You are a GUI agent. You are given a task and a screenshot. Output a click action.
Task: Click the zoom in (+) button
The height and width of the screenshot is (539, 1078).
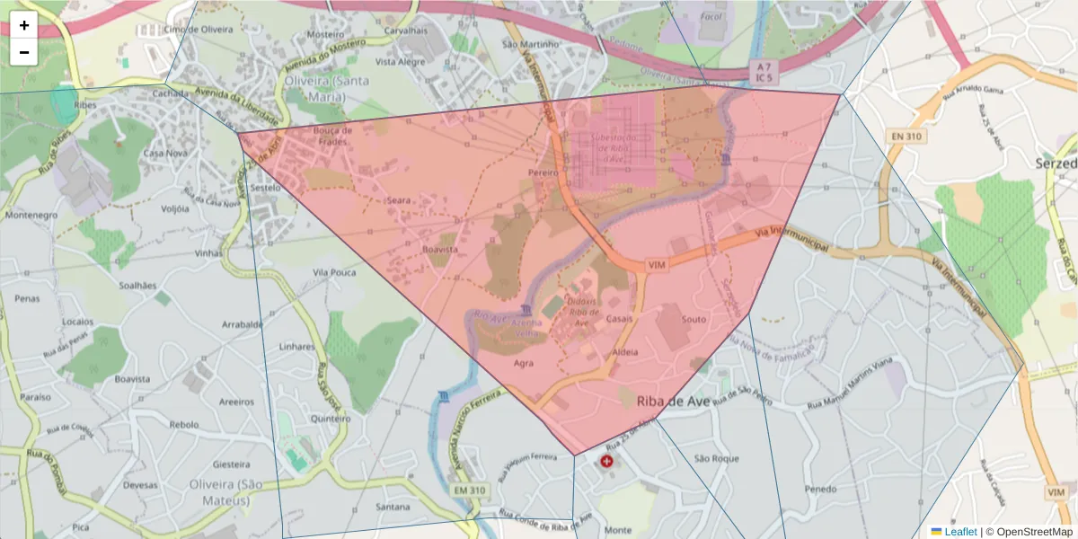point(24,25)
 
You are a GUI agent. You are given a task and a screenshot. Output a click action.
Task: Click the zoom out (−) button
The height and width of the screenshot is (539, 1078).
point(24,52)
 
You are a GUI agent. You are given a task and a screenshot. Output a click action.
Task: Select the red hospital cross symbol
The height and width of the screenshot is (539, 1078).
point(607,462)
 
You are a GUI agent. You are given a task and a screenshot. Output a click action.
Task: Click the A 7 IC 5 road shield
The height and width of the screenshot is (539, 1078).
point(764,72)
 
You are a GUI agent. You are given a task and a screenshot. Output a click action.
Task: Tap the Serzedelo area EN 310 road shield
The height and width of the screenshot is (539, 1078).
point(906,137)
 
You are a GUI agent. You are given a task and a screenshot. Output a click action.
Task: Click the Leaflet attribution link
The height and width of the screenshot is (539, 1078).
point(959,532)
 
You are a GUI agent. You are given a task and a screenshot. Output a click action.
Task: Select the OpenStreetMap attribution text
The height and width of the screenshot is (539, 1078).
point(1030,532)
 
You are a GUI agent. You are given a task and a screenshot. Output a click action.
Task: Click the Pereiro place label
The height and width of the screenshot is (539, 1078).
point(543,172)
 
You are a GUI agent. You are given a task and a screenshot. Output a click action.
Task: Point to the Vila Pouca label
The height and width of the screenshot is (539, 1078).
point(334,271)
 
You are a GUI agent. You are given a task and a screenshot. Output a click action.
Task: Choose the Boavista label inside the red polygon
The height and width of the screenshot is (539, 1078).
point(440,249)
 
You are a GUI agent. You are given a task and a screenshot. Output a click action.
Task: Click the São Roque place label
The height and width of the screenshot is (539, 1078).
point(717,458)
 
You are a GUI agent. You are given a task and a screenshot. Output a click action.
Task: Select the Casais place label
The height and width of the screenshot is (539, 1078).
point(620,320)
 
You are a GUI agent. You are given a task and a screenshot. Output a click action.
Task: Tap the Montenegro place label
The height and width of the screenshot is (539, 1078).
point(32,216)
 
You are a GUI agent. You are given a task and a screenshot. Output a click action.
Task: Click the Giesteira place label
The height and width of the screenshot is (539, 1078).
point(230,464)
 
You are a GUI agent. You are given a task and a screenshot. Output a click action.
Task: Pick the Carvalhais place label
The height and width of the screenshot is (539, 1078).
point(405,30)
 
